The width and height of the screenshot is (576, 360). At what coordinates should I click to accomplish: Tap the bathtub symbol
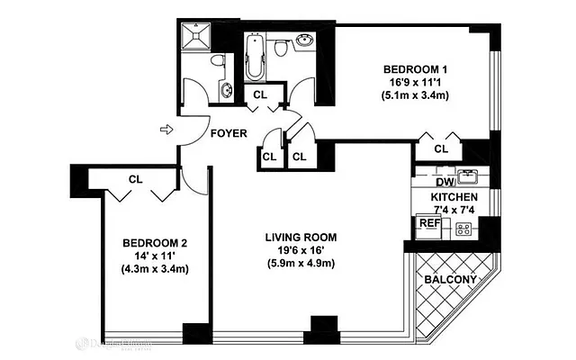(254, 58)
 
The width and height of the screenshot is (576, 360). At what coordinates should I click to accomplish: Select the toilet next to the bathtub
(281, 48)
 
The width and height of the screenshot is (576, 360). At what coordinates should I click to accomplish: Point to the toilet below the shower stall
(216, 62)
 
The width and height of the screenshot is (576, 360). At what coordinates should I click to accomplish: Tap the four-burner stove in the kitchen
(464, 229)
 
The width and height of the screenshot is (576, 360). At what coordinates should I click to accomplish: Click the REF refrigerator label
(427, 223)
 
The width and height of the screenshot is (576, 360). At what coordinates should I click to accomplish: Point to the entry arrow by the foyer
(165, 130)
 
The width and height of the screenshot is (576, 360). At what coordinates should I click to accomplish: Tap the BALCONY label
(450, 279)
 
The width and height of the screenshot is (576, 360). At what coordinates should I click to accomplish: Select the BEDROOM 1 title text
(415, 69)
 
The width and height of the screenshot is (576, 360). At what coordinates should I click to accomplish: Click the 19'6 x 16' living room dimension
(300, 250)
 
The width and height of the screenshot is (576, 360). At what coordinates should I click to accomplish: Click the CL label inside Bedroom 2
(135, 178)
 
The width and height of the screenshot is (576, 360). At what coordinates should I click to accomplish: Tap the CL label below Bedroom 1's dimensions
(441, 148)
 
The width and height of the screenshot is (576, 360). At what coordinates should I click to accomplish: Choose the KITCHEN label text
(454, 197)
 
